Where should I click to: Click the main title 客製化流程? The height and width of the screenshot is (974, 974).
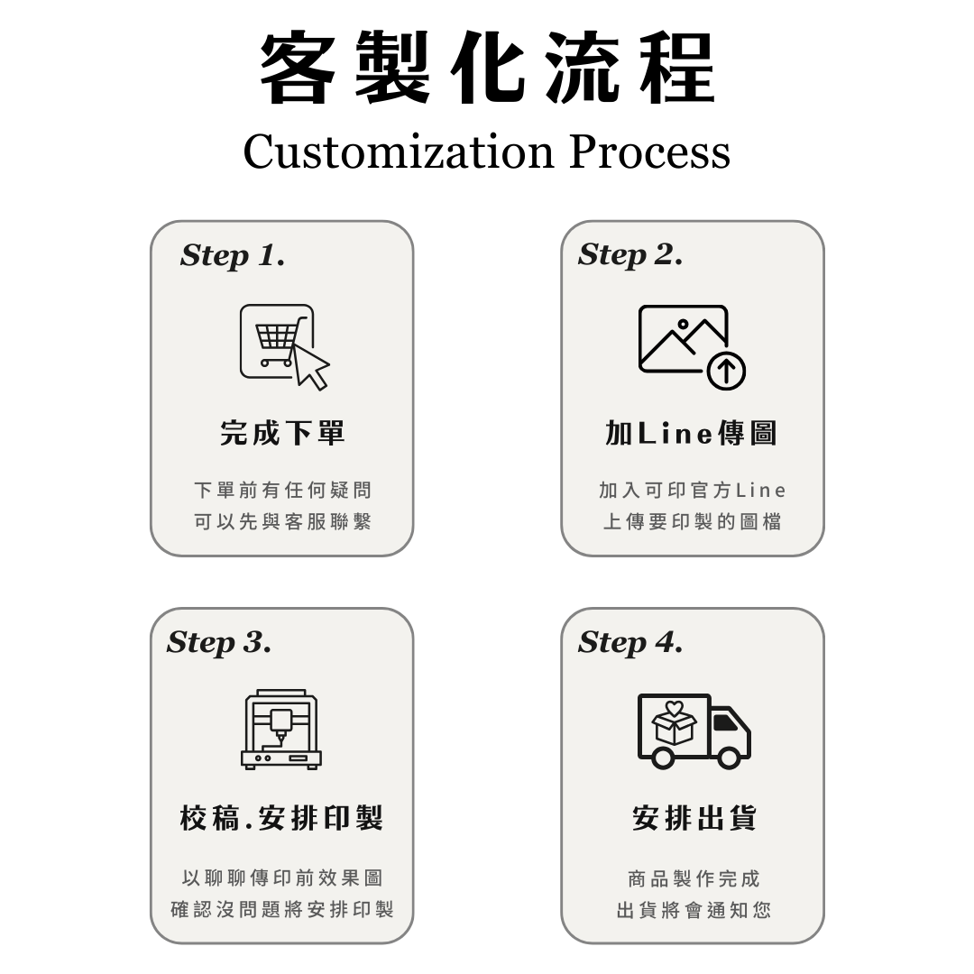487,69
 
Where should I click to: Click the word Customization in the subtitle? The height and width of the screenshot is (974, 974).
398,152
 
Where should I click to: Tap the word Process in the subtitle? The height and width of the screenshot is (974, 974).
649,152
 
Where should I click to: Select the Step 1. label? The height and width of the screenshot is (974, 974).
233,256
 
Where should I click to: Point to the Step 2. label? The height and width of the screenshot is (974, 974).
630,256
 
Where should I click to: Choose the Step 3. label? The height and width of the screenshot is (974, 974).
219,643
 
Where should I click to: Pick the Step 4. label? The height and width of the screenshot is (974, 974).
630,643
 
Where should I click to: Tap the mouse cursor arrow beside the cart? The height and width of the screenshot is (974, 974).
310,366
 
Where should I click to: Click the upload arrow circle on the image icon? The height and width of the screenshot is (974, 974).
726,371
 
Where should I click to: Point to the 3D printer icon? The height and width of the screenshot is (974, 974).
281,730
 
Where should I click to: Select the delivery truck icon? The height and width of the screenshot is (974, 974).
694,730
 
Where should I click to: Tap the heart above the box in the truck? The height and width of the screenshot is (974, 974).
674,708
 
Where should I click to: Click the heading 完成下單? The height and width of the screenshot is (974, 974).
282,434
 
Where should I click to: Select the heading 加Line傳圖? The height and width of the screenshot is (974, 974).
691,434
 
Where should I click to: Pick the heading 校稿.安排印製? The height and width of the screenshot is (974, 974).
281,819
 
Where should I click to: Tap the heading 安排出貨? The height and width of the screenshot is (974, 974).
694,819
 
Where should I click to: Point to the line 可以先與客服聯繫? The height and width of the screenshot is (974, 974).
282,522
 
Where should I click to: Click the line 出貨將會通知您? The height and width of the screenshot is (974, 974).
694,910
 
